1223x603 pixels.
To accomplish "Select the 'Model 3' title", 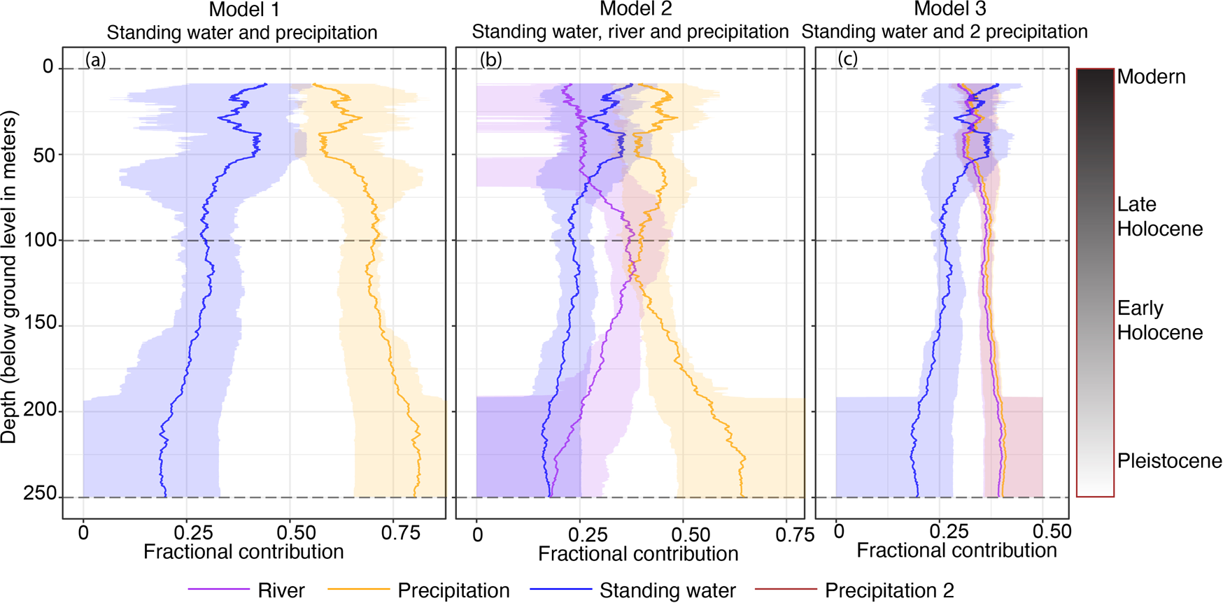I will pyautogui.click(x=950, y=10).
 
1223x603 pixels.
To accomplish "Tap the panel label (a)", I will pyautogui.click(x=95, y=60).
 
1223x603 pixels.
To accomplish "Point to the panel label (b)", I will pyautogui.click(x=490, y=60).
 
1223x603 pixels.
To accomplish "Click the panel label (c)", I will pyautogui.click(x=847, y=60).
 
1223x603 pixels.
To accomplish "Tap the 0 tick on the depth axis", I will pyautogui.click(x=48, y=67).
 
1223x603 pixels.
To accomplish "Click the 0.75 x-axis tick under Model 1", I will pyautogui.click(x=401, y=533).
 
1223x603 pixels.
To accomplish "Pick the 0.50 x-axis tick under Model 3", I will pyautogui.click(x=1052, y=532).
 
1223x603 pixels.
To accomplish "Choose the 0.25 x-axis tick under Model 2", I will pyautogui.click(x=588, y=535).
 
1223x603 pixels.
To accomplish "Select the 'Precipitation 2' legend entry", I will pyautogui.click(x=889, y=590).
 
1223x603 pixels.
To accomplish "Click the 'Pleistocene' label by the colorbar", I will pyautogui.click(x=1168, y=461).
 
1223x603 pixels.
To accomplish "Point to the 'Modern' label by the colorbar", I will pyautogui.click(x=1151, y=77).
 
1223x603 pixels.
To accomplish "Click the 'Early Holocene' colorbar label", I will pyautogui.click(x=1159, y=320).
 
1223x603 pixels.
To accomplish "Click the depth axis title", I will pyautogui.click(x=9, y=280).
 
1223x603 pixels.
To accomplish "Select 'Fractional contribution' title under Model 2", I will pyautogui.click(x=638, y=554).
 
